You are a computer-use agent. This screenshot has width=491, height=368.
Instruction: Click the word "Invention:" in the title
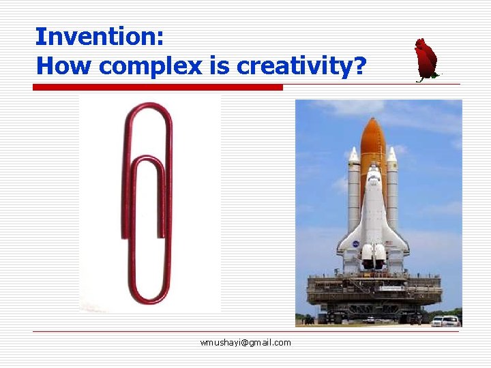tap(100, 37)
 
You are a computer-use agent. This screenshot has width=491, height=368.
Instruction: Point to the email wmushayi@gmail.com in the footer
tap(245, 342)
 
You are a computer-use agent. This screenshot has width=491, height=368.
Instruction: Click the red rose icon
tap(426, 60)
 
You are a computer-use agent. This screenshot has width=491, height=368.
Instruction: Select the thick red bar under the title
tap(158, 87)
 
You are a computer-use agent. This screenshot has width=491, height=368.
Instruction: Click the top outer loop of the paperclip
tap(147, 109)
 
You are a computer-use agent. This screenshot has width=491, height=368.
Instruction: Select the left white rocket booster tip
tap(353, 155)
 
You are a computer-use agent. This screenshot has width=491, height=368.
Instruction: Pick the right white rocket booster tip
tap(392, 155)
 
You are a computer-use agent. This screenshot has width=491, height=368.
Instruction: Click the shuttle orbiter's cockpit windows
tap(373, 179)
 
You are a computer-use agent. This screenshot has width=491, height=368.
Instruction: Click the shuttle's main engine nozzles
tap(372, 256)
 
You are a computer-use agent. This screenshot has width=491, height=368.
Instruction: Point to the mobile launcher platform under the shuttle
tap(374, 293)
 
